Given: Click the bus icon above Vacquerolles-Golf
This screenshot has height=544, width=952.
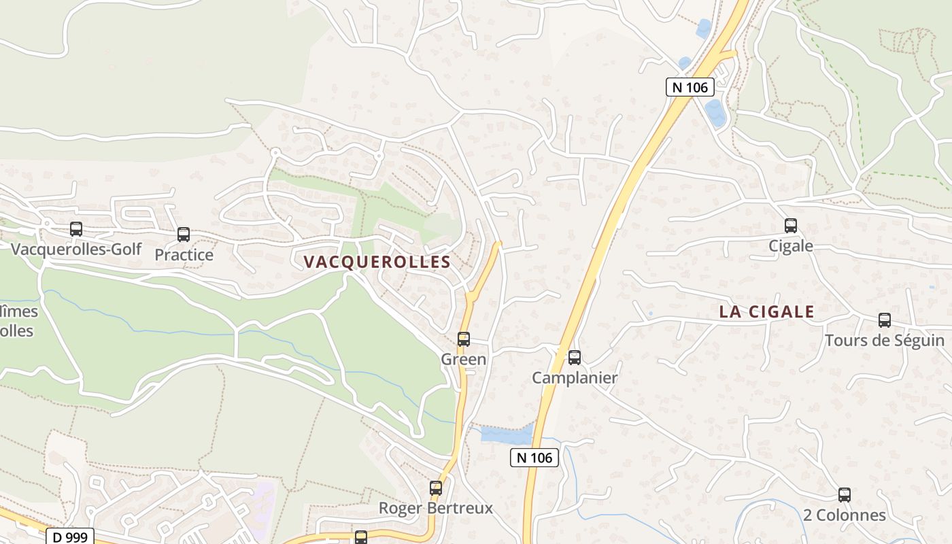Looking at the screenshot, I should [76, 229].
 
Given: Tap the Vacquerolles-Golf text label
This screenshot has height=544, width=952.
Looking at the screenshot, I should [76, 249].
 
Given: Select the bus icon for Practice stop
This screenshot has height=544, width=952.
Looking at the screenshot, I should [184, 235].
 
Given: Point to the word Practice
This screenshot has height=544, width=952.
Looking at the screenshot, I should [184, 255].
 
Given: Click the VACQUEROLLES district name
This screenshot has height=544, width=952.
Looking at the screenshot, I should [377, 262].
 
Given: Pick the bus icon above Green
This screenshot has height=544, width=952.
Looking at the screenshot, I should [464, 339].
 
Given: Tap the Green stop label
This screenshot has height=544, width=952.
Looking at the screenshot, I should [464, 359].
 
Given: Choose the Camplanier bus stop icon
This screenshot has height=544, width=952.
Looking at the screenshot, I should [575, 357].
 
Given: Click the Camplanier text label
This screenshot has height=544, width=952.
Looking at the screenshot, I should [575, 378].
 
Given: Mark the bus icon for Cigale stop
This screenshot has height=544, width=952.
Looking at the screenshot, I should [791, 226].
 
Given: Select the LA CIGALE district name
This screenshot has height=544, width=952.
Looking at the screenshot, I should [767, 312].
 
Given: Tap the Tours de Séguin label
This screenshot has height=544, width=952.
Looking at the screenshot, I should [884, 340].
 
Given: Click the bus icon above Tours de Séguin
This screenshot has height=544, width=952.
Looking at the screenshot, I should [885, 320].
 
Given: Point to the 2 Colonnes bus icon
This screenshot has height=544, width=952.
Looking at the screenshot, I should [845, 495].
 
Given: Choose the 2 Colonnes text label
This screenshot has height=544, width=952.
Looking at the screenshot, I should [845, 515].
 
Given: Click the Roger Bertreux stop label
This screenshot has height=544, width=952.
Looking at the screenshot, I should [435, 508].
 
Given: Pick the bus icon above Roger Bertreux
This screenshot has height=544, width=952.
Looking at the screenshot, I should [436, 488].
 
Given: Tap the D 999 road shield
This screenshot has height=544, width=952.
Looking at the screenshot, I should [69, 537].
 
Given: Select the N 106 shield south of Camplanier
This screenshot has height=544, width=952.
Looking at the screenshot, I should [534, 458].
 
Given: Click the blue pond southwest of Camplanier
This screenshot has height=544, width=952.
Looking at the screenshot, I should [507, 434].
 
